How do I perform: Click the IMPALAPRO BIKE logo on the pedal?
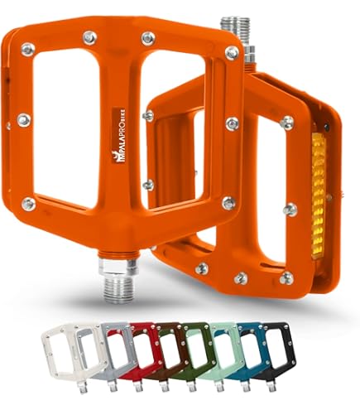[119, 137]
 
